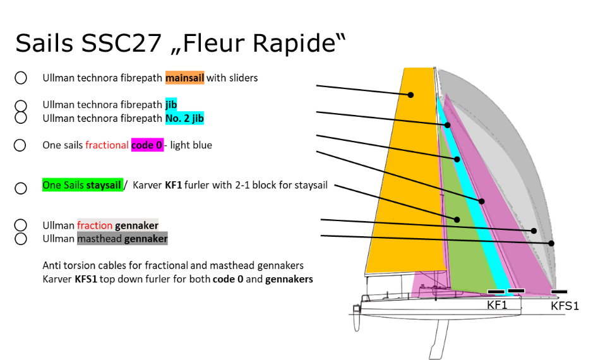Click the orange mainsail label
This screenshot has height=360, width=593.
pos(184,78)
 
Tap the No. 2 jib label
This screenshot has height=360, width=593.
pos(184,118)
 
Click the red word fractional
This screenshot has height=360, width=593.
pos(107,145)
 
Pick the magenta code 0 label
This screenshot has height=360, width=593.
pos(147,145)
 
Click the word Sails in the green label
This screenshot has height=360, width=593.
pos(74,186)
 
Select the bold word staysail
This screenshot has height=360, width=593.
pos(105,186)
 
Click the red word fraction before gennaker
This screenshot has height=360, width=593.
pos(95,225)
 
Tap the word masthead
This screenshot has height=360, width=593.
pos(100,239)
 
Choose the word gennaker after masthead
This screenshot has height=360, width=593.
pos(146,239)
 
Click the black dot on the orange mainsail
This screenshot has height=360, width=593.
pos(410,95)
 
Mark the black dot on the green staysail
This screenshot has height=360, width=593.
pos(457,219)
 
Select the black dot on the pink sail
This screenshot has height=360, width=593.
pos(481,201)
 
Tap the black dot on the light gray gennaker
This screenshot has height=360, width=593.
pos(534,231)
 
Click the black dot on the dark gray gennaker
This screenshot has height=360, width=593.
pos(551,243)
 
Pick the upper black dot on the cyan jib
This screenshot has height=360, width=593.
pos(447,125)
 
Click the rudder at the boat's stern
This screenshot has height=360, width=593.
pos(357,319)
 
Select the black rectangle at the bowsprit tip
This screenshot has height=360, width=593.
pos(560,292)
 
